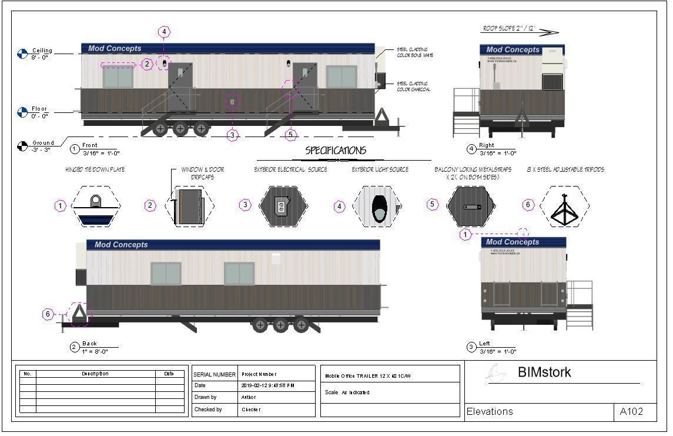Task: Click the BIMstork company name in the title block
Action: tap(544, 372)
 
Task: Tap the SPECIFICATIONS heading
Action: tap(336, 151)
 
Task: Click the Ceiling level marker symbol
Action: tap(22, 54)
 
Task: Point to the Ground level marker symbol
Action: tap(22, 145)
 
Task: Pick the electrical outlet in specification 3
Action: tap(281, 207)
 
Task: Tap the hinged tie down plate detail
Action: tap(94, 206)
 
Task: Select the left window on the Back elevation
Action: tap(166, 274)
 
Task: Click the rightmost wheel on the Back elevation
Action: tap(301, 324)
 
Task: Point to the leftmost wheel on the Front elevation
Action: tap(160, 129)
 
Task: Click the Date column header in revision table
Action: tap(169, 374)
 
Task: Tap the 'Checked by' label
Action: tap(208, 410)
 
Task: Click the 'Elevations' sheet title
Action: tap(490, 412)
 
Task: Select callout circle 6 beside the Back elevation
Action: tap(48, 314)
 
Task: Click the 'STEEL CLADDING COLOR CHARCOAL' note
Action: tap(413, 86)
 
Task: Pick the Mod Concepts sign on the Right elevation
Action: tap(513, 50)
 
